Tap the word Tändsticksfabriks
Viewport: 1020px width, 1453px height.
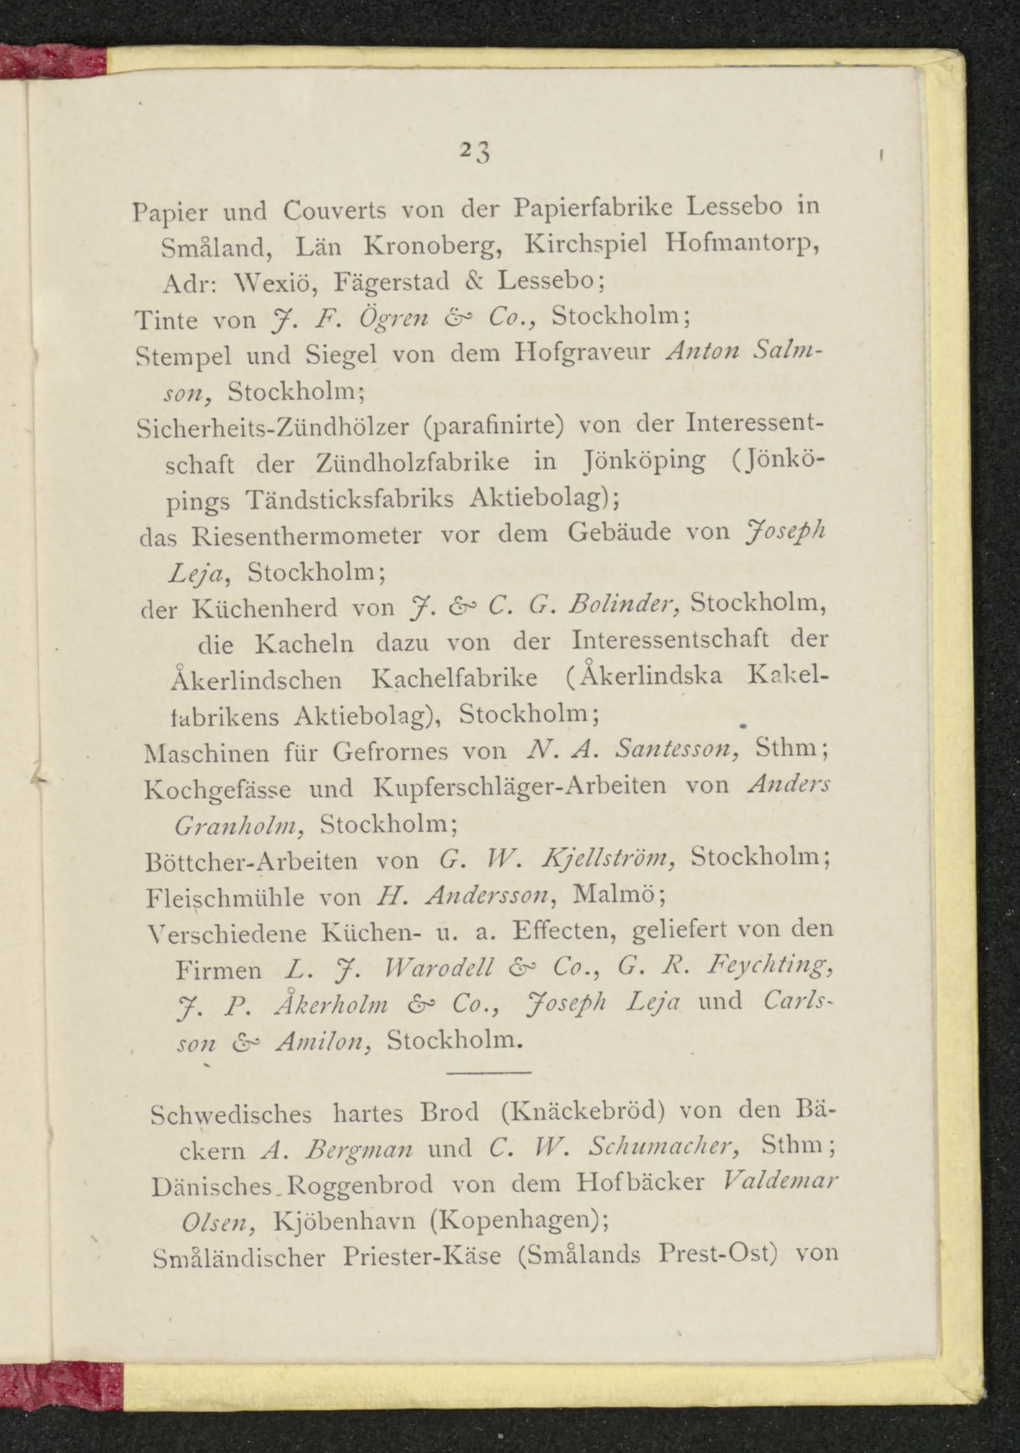(x=349, y=500)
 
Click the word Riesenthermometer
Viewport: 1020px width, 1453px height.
(x=307, y=537)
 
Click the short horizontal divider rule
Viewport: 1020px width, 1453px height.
(x=489, y=1072)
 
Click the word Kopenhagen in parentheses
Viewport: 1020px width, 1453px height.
(x=516, y=1220)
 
